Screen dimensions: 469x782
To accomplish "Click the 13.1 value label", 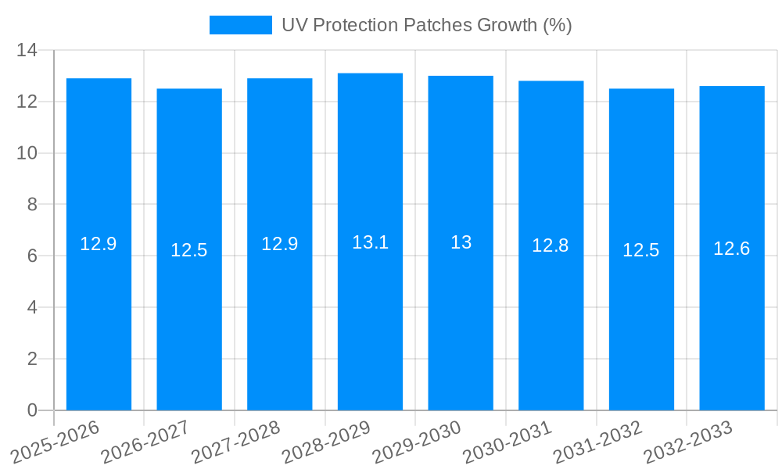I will pos(370,242).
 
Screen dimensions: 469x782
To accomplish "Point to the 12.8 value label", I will pos(551,246).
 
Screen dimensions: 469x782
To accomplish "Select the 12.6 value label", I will pos(732,249).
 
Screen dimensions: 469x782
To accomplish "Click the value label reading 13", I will pos(461,243).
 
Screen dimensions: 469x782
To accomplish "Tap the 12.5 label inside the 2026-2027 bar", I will pos(189,250).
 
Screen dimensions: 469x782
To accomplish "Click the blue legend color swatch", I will pos(240,25).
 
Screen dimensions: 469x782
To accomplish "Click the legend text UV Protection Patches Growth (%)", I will pos(426,25).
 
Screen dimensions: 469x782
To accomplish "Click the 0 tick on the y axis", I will pos(32,410).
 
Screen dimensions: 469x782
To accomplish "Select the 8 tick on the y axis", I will pos(32,205).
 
